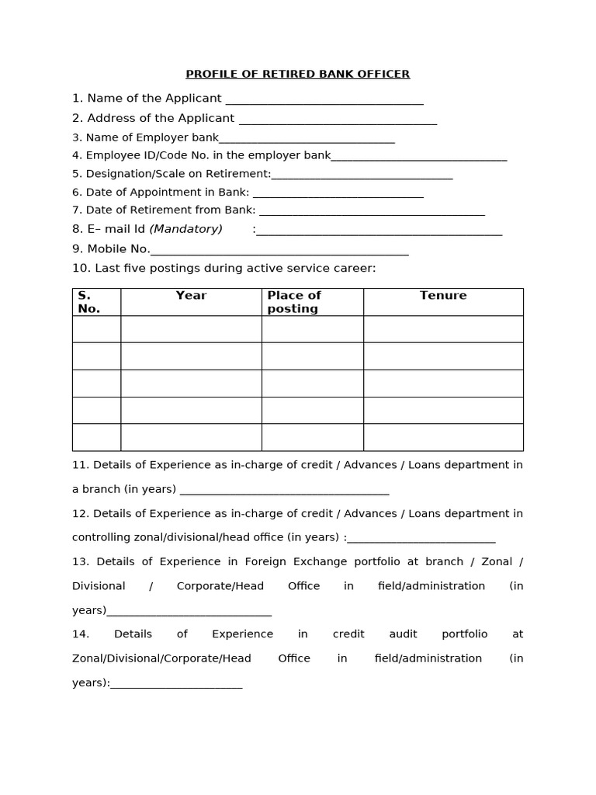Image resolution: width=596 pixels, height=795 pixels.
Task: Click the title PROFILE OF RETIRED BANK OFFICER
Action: (x=297, y=75)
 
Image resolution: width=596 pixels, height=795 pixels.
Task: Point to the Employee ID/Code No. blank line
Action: (x=419, y=158)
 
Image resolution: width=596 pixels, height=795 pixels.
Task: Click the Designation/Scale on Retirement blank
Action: (x=362, y=176)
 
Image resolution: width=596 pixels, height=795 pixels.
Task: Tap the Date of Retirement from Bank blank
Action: (x=372, y=212)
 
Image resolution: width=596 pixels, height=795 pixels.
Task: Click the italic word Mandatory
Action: (x=186, y=229)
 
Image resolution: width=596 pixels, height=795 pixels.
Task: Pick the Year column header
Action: (x=191, y=296)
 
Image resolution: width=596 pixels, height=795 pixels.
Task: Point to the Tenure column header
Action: (x=443, y=296)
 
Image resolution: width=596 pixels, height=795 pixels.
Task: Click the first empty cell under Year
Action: (x=191, y=329)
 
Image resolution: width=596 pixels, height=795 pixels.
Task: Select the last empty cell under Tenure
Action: (x=443, y=437)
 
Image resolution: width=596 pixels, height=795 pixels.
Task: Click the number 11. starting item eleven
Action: (x=81, y=465)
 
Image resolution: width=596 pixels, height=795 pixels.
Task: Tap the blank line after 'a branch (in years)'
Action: (x=284, y=491)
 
